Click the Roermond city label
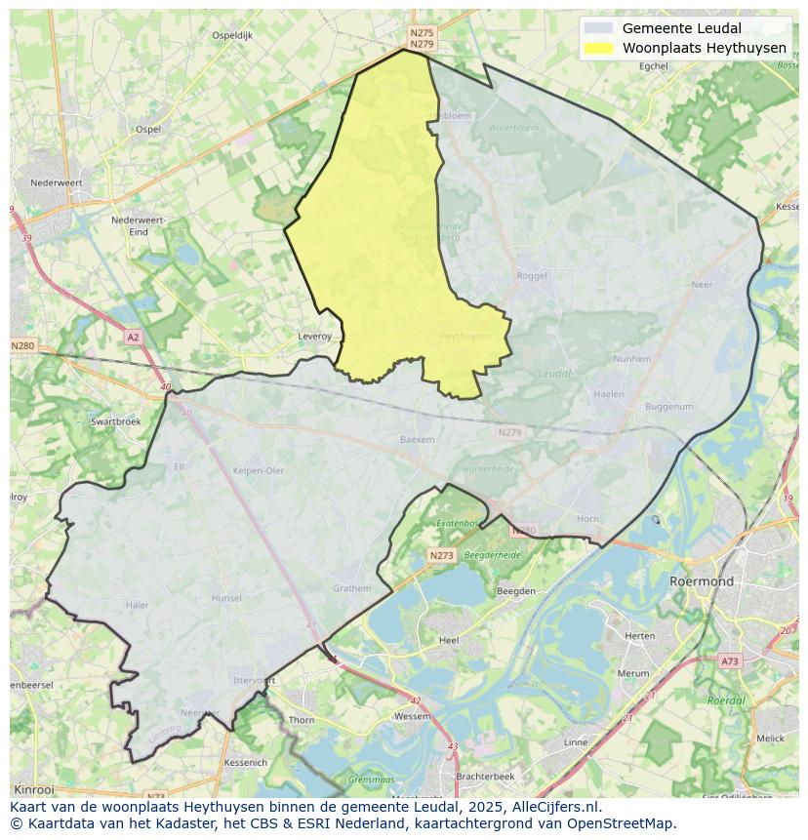point(701,581)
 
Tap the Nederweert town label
point(56,182)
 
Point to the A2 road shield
point(133,337)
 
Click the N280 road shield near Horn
point(524,530)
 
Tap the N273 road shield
point(441,555)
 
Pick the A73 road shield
point(729,660)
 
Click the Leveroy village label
point(314,337)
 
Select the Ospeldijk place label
point(232,35)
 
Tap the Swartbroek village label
point(115,421)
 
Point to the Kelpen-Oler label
point(259,470)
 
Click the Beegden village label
point(516,591)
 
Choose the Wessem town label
point(412,716)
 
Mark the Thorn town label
point(302,720)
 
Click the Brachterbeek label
point(485,776)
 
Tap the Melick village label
point(770,739)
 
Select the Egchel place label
point(653,66)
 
